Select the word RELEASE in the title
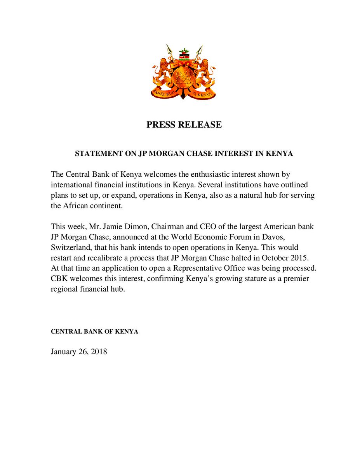click(201, 125)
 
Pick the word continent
click(105, 206)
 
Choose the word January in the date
click(64, 352)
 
